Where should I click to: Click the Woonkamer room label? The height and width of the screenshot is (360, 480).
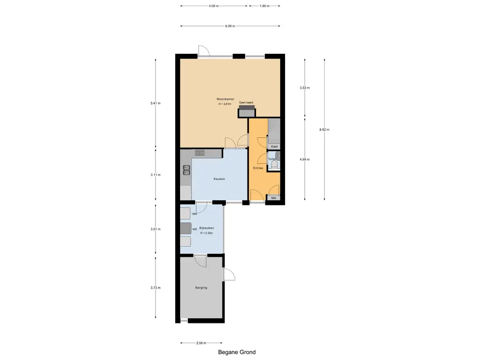pos(225,99)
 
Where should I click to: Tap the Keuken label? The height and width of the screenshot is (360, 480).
pos(219,179)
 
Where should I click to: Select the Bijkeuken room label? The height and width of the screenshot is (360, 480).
pos(207,228)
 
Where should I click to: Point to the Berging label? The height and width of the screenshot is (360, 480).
pos(201,288)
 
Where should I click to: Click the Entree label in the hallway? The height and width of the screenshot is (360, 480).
pos(258,168)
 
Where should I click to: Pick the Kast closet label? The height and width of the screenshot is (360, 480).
pos(274,147)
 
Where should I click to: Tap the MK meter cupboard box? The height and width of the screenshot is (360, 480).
pos(274,198)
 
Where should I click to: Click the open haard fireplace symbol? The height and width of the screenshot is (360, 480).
pos(247,111)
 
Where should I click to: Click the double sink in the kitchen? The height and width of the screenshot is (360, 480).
pos(187,170)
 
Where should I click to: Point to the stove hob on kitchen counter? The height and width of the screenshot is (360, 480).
pos(200,153)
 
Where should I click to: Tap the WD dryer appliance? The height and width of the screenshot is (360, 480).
pos(186,229)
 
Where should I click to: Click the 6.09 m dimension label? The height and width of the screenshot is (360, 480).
pos(230,26)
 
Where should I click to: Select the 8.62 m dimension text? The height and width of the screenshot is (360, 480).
pos(324,129)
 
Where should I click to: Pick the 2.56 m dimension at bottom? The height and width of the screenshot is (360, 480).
pos(201,343)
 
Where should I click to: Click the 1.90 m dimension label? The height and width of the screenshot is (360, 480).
pos(264,6)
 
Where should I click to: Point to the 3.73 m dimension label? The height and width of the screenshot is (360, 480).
pos(156,288)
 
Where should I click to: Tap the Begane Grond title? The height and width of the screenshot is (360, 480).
pos(237,352)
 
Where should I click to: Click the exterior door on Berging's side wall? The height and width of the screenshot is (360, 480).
pos(229,274)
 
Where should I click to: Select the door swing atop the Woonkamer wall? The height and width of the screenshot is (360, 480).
pos(204,51)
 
